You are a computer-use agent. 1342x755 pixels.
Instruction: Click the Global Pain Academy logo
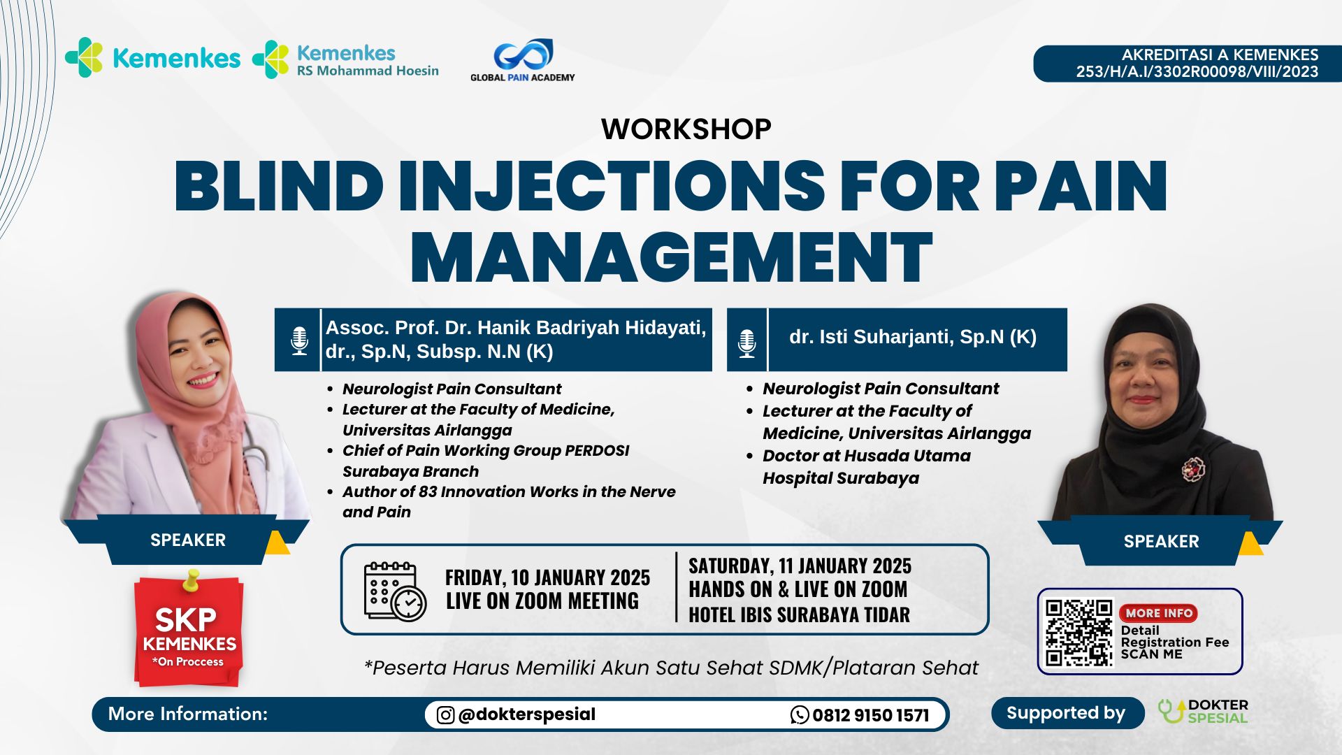click(523, 60)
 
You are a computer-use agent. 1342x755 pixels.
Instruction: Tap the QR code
click(1078, 632)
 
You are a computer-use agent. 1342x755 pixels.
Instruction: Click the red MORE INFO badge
click(1158, 613)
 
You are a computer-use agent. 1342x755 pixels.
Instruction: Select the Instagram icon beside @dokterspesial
click(445, 714)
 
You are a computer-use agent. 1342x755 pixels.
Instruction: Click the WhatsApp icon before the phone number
click(800, 714)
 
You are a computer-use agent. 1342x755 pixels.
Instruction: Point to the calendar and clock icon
click(394, 591)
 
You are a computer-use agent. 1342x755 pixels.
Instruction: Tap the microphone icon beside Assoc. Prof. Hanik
click(299, 340)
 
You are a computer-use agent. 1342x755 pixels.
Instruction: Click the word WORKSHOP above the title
click(686, 129)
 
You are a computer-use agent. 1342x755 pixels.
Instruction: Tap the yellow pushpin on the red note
click(190, 580)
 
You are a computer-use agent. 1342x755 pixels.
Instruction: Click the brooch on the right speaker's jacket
click(1193, 468)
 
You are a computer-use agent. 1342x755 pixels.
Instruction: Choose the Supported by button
click(1066, 713)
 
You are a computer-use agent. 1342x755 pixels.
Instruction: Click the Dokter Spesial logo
click(1203, 712)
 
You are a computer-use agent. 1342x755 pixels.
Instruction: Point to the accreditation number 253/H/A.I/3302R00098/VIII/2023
click(1197, 71)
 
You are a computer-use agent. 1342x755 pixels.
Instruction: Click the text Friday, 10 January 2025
click(547, 577)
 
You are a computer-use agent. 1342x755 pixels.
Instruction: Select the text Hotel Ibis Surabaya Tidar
click(799, 614)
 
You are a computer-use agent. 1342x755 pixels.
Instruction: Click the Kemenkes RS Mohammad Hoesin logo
click(345, 59)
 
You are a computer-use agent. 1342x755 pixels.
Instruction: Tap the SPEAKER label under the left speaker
click(188, 540)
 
